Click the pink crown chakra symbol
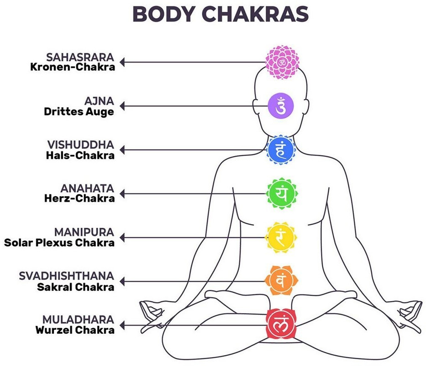pos(282,62)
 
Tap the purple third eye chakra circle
pos(281,106)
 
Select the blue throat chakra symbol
pos(281,150)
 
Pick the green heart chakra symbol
pos(281,193)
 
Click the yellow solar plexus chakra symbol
pos(281,237)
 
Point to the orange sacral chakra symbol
pos(281,281)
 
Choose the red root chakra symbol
pos(281,324)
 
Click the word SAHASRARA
pos(80,58)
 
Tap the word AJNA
pos(99,101)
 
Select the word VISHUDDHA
pos(81,145)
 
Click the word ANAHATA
pos(87,188)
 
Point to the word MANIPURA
pos(84,232)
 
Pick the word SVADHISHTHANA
pos(67,276)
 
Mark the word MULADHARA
pos(78,319)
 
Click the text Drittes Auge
pos(79,112)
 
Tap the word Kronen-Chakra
pos(73,67)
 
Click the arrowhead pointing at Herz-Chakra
pos(122,194)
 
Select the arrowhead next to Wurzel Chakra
pos(122,325)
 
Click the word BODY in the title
pos(164,14)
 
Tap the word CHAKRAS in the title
pos(255,14)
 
